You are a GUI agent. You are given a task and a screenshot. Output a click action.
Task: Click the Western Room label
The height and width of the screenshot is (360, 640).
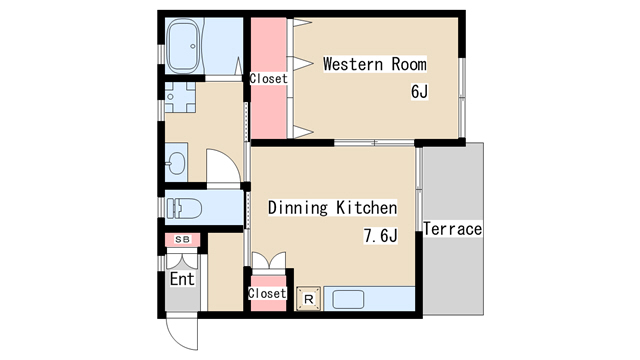click(375, 64)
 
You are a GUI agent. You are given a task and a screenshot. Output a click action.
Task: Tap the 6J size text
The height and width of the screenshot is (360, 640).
click(420, 91)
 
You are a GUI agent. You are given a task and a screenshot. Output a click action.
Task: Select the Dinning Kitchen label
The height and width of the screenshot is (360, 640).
click(332, 207)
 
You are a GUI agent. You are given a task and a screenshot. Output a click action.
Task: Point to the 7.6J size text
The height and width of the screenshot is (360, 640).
click(380, 236)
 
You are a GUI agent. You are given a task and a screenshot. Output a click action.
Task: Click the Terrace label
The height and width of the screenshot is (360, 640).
click(453, 229)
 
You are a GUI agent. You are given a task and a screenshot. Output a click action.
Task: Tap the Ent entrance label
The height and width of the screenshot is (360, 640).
click(182, 279)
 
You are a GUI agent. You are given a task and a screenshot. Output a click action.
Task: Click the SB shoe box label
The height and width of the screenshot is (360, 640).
click(182, 240)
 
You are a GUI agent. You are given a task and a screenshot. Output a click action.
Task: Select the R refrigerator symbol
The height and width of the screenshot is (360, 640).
click(309, 299)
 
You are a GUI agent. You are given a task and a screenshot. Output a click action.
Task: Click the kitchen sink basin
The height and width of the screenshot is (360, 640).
click(348, 300)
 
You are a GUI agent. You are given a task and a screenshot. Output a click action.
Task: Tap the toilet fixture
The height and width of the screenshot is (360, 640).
click(184, 208)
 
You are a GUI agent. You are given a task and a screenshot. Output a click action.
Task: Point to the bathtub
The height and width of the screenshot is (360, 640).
click(184, 46)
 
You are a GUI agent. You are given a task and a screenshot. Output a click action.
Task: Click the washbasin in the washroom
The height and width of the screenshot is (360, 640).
click(177, 163)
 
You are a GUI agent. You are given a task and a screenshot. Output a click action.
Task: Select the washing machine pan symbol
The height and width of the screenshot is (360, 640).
click(180, 97)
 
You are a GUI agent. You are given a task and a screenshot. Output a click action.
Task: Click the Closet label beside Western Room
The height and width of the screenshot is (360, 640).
click(269, 78)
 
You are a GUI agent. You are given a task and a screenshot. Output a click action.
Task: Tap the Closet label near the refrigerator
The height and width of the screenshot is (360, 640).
click(267, 293)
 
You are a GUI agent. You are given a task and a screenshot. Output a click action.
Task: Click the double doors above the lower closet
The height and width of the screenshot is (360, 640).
click(269, 261)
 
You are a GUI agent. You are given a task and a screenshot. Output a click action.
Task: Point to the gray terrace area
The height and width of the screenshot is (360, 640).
click(453, 229)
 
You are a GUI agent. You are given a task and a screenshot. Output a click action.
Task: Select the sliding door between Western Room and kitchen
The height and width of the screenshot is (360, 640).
click(374, 143)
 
